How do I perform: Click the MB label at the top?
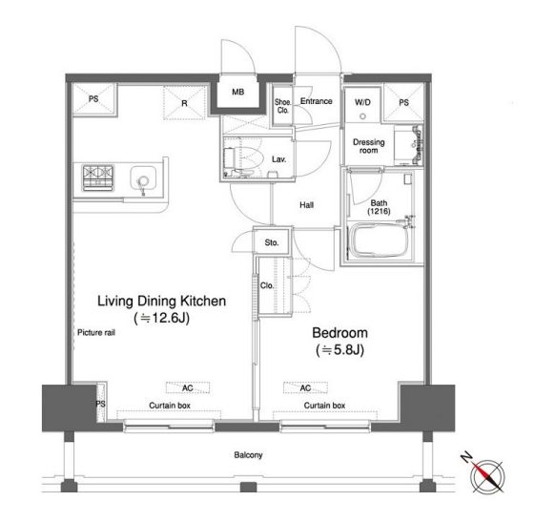[x=237, y=92]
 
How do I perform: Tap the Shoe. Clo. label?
[x=283, y=106]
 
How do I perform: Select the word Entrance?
[x=316, y=101]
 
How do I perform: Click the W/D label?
[x=362, y=102]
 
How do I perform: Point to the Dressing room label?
[x=368, y=146]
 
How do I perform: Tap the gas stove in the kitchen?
[x=97, y=177]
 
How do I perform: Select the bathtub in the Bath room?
[x=378, y=240]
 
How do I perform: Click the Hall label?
[x=306, y=204]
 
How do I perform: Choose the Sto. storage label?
[x=272, y=242]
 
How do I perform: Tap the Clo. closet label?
[x=267, y=285]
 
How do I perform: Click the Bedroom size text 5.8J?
[x=339, y=350]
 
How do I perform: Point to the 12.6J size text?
[x=162, y=318]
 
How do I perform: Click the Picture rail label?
[x=96, y=332]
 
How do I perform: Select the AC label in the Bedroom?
[x=305, y=388]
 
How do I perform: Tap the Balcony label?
[x=248, y=454]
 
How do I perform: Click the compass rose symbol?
[x=487, y=475]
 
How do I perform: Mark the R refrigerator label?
[x=184, y=103]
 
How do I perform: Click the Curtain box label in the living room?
[x=170, y=406]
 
